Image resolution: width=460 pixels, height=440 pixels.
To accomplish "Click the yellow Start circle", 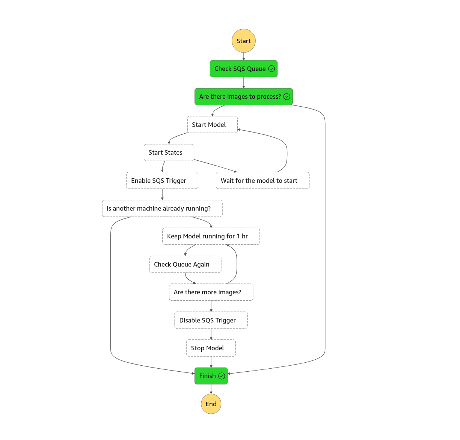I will (x=243, y=41).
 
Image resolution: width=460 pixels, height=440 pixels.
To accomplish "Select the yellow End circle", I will (x=211, y=404).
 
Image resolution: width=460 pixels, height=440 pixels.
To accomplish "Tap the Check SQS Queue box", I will (x=240, y=69).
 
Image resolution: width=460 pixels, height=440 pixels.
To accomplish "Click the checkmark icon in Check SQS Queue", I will (x=271, y=69).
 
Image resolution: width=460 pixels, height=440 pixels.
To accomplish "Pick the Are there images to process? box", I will (x=240, y=96).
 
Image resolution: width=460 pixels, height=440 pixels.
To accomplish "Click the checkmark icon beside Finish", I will (x=222, y=376).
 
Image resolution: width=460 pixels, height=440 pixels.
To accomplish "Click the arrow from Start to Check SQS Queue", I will (x=244, y=56).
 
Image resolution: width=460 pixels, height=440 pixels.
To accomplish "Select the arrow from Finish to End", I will (x=211, y=389).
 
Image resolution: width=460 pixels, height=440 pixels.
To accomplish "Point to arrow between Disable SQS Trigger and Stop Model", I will (x=211, y=334).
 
